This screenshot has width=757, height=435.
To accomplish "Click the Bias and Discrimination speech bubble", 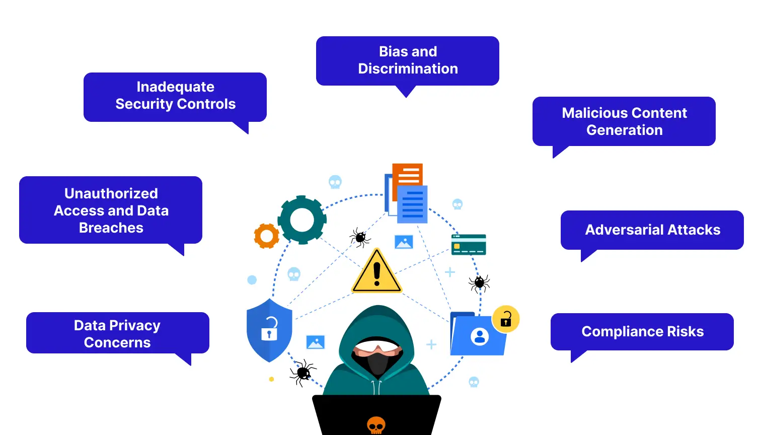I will [x=408, y=60].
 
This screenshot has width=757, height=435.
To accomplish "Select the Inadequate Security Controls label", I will [x=175, y=96].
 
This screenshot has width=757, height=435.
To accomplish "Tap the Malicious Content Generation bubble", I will [x=624, y=121].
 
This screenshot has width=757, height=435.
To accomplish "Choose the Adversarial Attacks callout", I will [x=652, y=230].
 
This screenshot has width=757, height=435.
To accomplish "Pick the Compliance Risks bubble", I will [x=642, y=332].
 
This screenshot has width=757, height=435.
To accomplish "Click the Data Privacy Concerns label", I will [x=117, y=333].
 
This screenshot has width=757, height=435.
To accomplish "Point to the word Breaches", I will [x=111, y=228].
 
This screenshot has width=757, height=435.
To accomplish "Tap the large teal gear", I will [x=302, y=220].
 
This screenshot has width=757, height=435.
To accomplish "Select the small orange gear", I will [x=266, y=236].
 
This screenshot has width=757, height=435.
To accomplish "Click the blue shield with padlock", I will [x=269, y=330].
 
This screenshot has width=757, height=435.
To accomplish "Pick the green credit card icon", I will [x=469, y=245].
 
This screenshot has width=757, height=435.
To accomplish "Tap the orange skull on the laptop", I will [x=376, y=425].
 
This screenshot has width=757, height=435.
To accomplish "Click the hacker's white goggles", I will [x=377, y=346].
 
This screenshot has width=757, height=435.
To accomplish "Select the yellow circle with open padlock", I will [x=505, y=319].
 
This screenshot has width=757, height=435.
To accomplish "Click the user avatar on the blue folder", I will [x=479, y=336].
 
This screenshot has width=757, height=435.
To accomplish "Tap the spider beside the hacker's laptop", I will [x=302, y=373].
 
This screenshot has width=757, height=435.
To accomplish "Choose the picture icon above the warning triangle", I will [x=404, y=242].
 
